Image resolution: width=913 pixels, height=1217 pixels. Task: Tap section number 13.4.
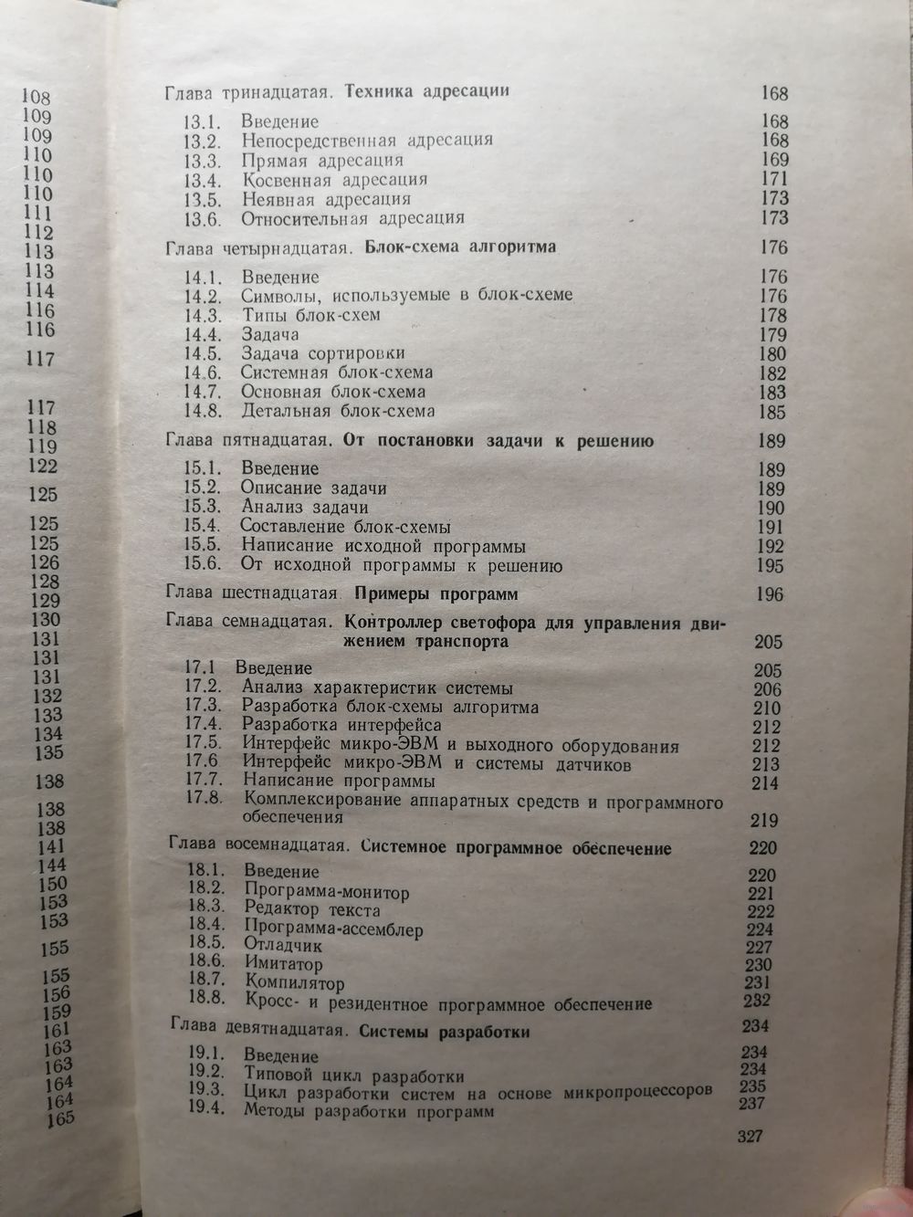coord(200,180)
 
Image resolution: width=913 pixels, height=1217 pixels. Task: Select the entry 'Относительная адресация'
coord(353,218)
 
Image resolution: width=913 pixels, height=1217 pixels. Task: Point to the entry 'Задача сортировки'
coord(322,353)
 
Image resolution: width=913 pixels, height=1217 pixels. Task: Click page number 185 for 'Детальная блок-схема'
coord(772,412)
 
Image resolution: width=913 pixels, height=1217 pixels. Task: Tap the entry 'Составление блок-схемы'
coord(346,527)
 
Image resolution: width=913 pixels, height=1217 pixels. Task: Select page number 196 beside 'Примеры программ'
coord(770,595)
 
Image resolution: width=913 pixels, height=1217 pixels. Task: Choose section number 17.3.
coord(203,708)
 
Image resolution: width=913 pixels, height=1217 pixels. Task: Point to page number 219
coord(765,819)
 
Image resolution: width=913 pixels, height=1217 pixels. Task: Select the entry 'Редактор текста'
coord(312,909)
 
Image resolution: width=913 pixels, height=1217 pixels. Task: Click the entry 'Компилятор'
coord(295,984)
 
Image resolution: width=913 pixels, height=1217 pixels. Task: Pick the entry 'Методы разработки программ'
coord(369,1112)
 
